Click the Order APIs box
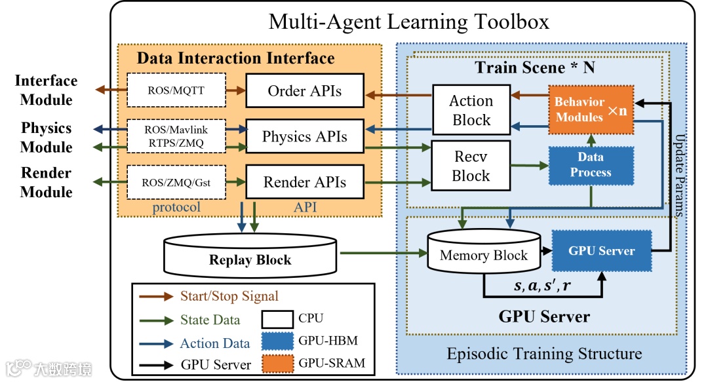[304, 91]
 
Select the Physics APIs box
[304, 137]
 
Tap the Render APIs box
[304, 182]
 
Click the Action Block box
[471, 111]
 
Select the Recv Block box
[471, 166]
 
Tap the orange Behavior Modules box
[591, 109]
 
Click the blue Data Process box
[591, 165]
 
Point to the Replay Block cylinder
[250, 258]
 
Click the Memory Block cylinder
[484, 254]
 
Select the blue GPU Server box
[601, 250]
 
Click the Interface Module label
[46, 90]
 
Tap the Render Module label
[46, 182]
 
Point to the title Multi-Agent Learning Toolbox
[408, 22]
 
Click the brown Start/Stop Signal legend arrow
[156, 296]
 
